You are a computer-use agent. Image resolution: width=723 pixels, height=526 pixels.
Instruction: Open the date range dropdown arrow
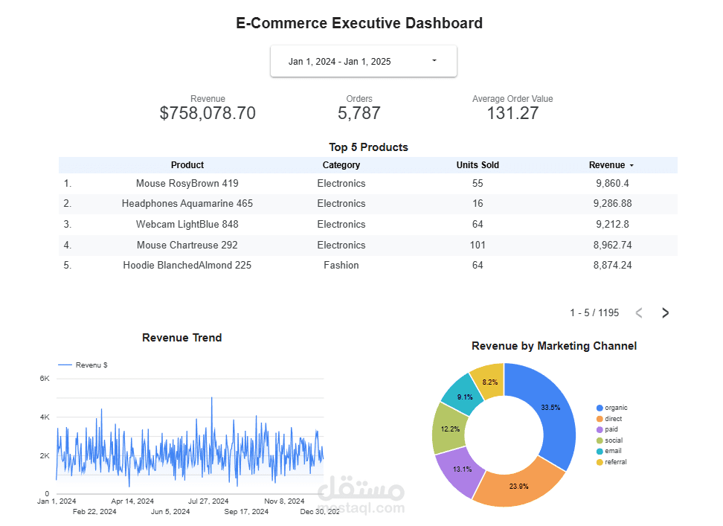[434, 61]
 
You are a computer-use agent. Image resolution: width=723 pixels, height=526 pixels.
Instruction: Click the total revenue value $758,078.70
[208, 113]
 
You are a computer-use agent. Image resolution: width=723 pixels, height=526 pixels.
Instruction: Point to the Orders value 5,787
[359, 113]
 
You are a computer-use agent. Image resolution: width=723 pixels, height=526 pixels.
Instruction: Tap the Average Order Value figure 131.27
[512, 113]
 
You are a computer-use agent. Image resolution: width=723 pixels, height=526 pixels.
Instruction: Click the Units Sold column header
[478, 165]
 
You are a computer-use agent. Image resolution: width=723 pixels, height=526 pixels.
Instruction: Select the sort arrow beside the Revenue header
[632, 165]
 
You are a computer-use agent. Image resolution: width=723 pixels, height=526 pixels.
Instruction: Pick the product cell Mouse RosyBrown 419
[187, 183]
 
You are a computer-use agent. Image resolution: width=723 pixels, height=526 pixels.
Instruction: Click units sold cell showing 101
[478, 245]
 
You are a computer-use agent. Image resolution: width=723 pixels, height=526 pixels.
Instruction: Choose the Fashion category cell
[341, 265]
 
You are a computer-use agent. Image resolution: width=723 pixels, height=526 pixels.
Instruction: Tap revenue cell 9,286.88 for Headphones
[613, 203]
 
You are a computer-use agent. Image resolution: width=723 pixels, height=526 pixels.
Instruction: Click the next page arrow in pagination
[666, 313]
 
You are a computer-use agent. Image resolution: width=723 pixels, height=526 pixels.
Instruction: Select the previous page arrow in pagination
[639, 313]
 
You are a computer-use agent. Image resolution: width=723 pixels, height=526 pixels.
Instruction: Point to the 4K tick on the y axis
[45, 417]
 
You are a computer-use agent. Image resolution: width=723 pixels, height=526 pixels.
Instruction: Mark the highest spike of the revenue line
[212, 398]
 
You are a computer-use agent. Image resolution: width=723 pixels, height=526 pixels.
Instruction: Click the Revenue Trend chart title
[181, 338]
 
